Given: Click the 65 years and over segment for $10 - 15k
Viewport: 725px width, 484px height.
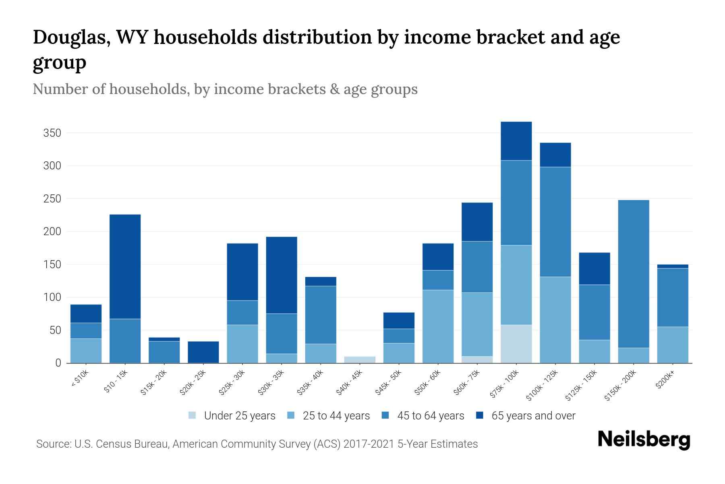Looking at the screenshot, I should point(125,267).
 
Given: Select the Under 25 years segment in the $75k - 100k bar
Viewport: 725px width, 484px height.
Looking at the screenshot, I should point(516,344).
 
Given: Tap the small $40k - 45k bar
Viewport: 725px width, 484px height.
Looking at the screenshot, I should point(360,359).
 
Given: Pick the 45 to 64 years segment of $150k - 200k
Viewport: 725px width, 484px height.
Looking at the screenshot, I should point(634,274).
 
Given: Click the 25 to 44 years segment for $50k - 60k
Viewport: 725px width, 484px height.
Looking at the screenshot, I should point(438,326).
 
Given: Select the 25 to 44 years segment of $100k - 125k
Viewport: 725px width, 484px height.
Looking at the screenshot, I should point(555,320).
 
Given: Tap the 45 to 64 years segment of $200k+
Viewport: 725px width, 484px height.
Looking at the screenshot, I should point(673,297).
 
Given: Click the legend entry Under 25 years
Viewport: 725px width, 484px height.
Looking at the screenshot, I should point(239,416).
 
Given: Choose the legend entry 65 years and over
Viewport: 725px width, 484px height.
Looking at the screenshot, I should point(533,416).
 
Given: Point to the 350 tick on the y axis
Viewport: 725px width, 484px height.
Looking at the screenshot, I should point(52,133).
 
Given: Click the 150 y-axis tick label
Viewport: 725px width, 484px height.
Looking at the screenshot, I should point(52,265).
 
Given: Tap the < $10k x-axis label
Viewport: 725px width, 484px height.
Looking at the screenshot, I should point(80,378).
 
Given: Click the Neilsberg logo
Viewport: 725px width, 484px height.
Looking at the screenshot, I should point(644,440).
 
